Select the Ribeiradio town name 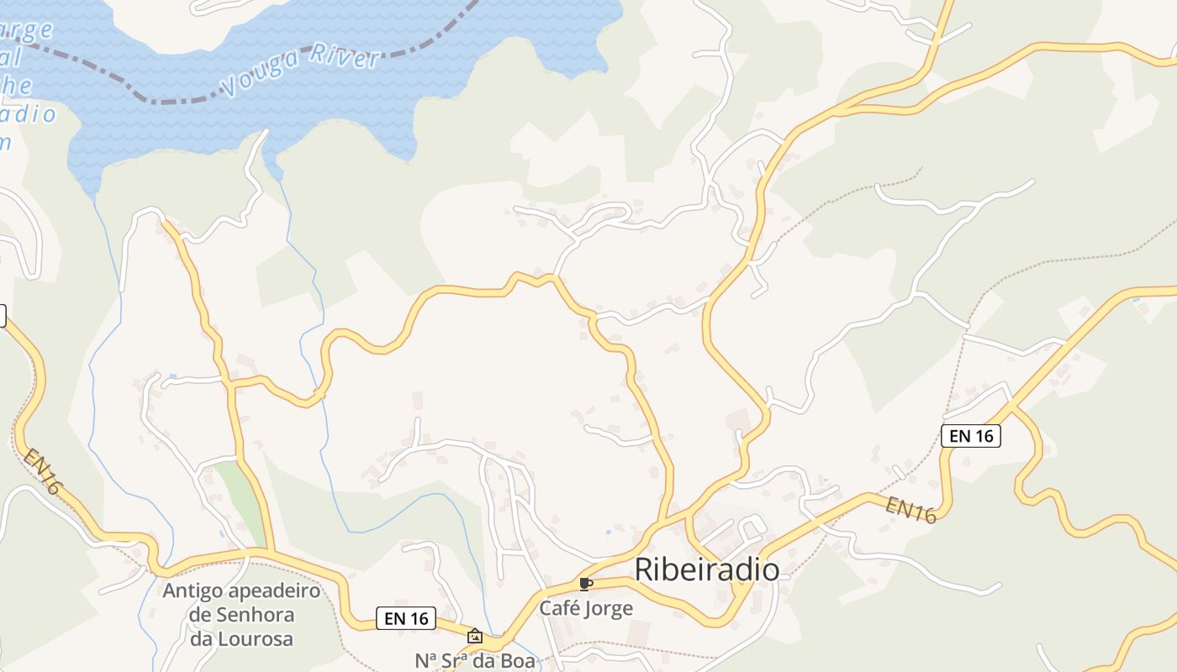coord(706,570)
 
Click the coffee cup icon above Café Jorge coord(586,584)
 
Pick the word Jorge coord(610,607)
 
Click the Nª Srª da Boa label coord(475,661)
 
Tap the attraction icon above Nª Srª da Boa coord(475,636)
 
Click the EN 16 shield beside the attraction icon coord(407,618)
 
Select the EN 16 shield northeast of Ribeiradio coord(970,435)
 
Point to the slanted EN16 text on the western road coord(42,471)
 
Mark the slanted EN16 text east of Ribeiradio coord(911,510)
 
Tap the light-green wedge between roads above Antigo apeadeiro coord(236,487)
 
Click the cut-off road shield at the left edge coord(3,316)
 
